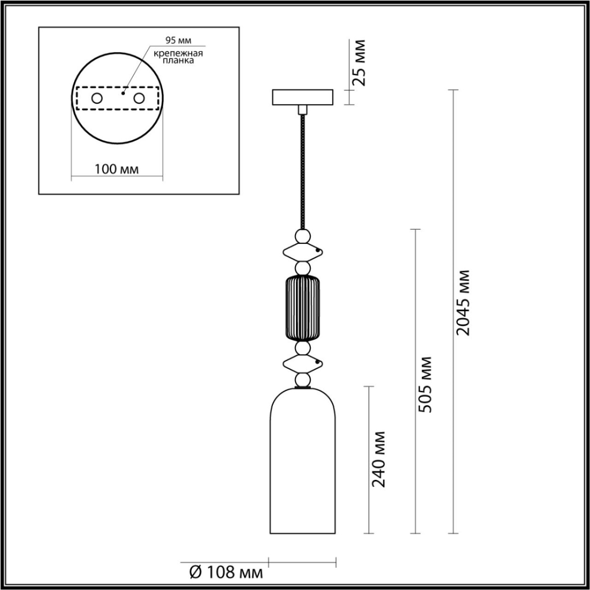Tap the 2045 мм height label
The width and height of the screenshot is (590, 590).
point(463,302)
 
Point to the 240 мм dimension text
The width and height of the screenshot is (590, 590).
point(379,459)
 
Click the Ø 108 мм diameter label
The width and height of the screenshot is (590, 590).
point(226,572)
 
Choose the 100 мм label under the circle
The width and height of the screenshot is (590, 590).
point(117,169)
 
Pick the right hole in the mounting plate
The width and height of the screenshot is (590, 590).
point(139,98)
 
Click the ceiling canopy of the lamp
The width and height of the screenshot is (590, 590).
point(302,96)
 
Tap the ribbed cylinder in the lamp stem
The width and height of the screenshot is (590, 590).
point(302,308)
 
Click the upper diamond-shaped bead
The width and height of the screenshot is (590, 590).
point(302,252)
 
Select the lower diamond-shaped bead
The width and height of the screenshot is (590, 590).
point(302,364)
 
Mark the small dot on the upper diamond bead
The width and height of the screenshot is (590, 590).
point(318,251)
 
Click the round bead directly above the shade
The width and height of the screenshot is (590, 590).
point(302,380)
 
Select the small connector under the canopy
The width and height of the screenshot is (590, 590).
point(302,108)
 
